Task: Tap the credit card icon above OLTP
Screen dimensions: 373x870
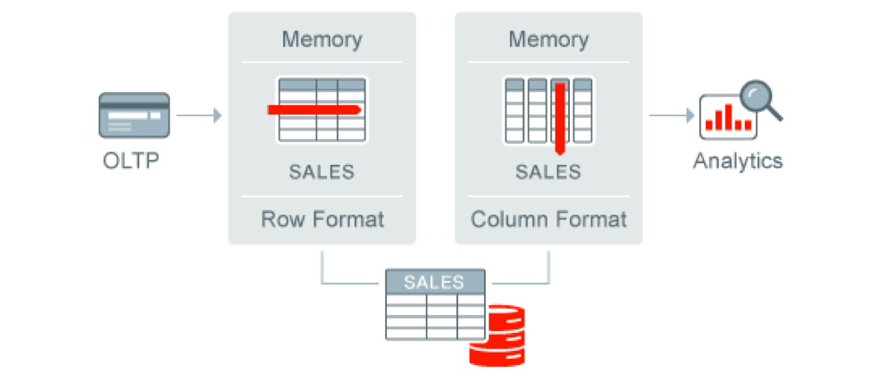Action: pos(134,115)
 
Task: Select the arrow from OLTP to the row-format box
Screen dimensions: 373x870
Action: pos(197,115)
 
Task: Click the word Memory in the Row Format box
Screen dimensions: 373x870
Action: pos(322,39)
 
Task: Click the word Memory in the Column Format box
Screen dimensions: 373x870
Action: pos(548,39)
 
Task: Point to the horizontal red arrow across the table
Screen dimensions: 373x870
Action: pos(314,110)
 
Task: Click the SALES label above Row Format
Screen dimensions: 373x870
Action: pos(322,171)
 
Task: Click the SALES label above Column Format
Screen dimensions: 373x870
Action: pos(548,171)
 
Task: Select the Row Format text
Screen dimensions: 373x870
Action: pos(322,219)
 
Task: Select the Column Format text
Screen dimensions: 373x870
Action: pos(548,219)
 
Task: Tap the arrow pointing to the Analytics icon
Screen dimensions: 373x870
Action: pos(672,115)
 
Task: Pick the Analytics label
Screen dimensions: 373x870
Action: pos(738,162)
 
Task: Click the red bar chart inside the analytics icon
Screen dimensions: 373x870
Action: pos(725,119)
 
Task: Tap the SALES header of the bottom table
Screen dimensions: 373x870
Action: pos(434,282)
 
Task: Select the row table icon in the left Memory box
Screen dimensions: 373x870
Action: pos(322,110)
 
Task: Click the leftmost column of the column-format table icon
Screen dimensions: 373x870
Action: pos(514,112)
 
